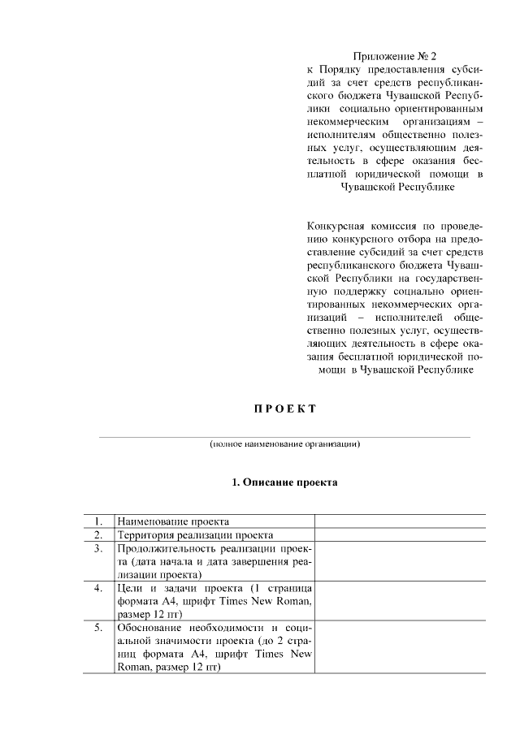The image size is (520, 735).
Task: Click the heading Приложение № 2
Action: (x=395, y=56)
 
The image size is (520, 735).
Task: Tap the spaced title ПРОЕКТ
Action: (x=283, y=408)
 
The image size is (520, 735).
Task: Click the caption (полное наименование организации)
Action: (x=284, y=444)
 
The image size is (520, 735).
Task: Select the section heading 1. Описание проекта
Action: (x=284, y=482)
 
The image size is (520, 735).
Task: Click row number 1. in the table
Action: (x=97, y=521)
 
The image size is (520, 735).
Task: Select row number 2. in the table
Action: (x=97, y=534)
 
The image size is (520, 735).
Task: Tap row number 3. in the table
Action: (x=97, y=548)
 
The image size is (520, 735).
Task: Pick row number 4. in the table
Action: (x=97, y=587)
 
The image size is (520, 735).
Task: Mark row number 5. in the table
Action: (x=97, y=627)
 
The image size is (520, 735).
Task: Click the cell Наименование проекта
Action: (x=173, y=521)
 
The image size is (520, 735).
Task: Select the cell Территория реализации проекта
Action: (x=195, y=534)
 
